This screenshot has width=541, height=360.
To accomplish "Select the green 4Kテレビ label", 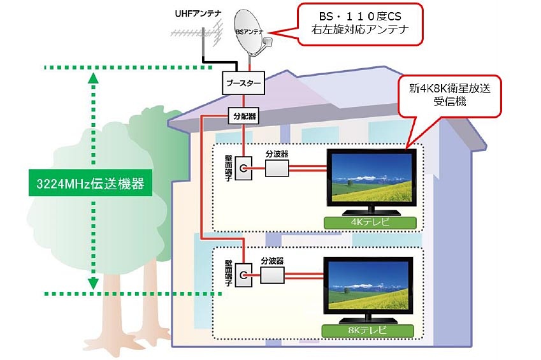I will pyautogui.click(x=370, y=223).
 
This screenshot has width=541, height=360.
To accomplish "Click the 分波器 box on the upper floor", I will pyautogui.click(x=276, y=168).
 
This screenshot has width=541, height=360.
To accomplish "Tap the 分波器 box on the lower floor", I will pyautogui.click(x=272, y=275).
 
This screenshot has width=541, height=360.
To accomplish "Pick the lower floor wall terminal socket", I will pyautogui.click(x=243, y=275).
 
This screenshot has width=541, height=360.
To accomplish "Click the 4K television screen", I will pyautogui.click(x=371, y=177).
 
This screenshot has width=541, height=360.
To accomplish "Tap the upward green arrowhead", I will pyautogui.click(x=94, y=78).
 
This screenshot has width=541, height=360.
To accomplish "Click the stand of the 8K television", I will pyautogui.click(x=368, y=318).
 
